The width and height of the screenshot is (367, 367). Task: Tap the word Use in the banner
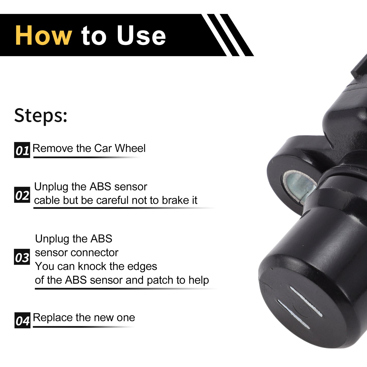[141, 35]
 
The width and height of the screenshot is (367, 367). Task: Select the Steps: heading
[41, 116]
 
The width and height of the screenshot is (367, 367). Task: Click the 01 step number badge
[22, 150]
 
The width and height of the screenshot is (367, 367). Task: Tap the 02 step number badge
[22, 195]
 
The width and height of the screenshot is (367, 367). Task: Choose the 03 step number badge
[22, 257]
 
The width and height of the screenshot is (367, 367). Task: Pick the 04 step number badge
[22, 320]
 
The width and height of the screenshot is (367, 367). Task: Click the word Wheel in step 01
[130, 148]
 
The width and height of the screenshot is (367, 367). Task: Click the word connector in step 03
[94, 253]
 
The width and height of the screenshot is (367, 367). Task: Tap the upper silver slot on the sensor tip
[306, 301]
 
